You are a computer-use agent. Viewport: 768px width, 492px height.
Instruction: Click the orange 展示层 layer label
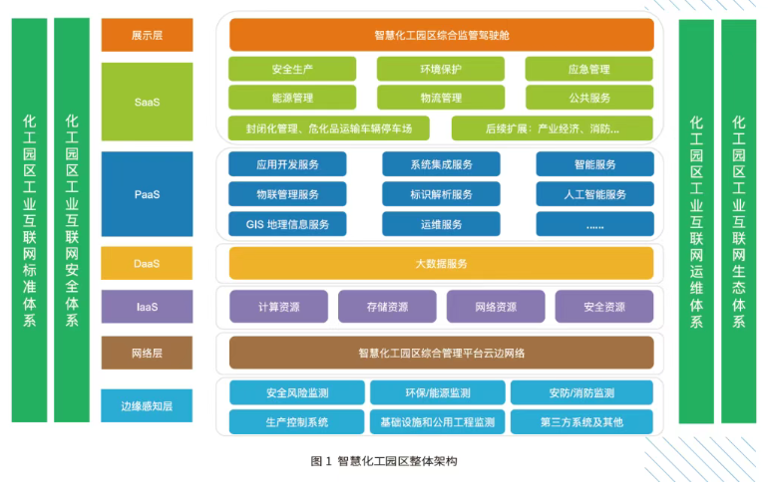click(147, 35)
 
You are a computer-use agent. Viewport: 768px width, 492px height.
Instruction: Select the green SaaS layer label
click(147, 101)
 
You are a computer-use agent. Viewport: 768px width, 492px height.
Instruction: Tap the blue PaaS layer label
click(147, 194)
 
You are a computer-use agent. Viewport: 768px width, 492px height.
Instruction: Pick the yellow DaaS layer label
click(147, 264)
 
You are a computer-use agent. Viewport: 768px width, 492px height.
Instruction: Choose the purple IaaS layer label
click(147, 307)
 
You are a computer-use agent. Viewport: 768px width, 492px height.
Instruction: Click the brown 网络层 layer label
click(147, 353)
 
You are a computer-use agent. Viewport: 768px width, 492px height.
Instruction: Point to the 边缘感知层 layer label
click(147, 406)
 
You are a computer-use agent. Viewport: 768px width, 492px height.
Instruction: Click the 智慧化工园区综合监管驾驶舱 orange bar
click(441, 35)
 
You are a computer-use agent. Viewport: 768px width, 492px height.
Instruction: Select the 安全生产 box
click(292, 69)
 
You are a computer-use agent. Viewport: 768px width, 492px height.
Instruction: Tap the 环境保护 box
click(441, 69)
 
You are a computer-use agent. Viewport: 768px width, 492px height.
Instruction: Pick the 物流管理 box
click(441, 98)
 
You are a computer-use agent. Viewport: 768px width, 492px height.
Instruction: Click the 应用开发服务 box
click(287, 164)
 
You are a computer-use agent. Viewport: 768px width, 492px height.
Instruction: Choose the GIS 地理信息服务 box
click(287, 224)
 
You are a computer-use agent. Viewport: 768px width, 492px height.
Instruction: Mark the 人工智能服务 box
click(594, 194)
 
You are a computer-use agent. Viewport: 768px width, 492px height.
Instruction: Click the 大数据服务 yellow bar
click(441, 264)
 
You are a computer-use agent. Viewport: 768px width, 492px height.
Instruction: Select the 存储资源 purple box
click(387, 307)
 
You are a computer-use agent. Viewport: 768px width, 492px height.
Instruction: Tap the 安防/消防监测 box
click(581, 392)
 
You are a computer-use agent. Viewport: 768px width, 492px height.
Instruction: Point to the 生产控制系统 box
click(297, 421)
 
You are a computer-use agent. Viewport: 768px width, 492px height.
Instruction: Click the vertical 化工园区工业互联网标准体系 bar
click(29, 220)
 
